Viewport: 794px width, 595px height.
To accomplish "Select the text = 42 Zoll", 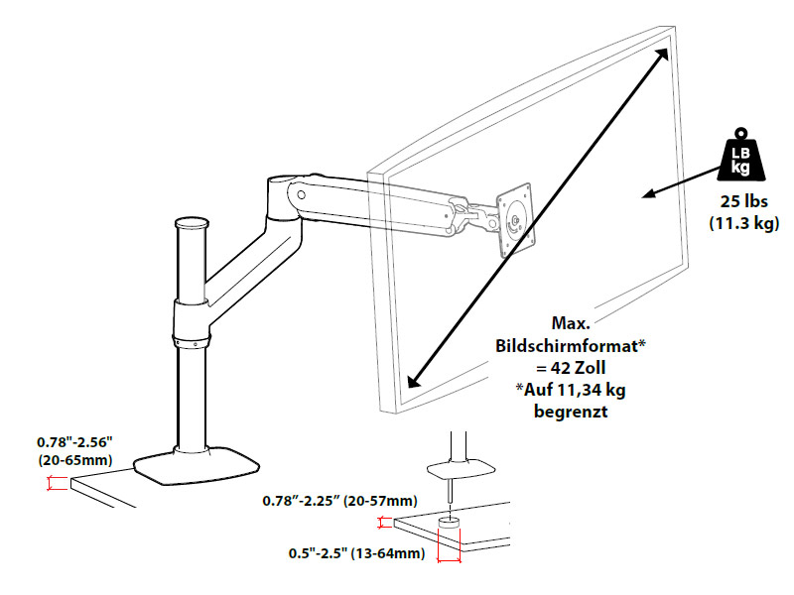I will click(571, 367).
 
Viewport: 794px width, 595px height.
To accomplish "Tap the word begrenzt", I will click(571, 411).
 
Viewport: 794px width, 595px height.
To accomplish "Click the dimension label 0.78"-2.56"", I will click(74, 440).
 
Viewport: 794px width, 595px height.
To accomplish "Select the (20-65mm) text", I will click(74, 460).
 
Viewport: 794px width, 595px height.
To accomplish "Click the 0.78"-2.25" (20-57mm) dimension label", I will click(338, 500).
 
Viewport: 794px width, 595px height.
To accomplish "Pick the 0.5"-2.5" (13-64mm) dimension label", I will click(358, 552).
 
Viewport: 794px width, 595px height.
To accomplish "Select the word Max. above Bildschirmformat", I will click(570, 323).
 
